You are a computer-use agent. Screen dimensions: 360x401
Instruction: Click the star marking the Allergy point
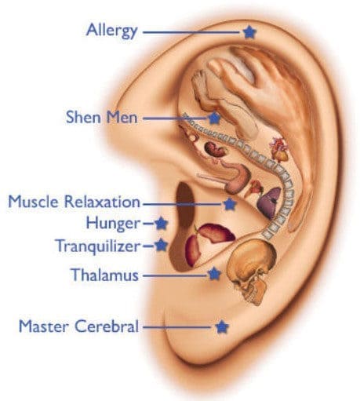[249, 32]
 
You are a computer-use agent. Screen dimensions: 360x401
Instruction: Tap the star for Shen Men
[214, 118]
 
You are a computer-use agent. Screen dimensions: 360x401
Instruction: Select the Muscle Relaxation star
[230, 204]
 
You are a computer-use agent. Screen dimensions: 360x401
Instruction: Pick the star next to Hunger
[161, 224]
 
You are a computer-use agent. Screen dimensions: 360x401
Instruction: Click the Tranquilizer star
[161, 245]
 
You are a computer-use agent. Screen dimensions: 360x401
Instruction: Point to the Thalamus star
[214, 274]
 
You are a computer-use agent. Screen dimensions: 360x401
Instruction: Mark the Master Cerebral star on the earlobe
[222, 326]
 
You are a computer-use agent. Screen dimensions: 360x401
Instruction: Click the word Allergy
[111, 31]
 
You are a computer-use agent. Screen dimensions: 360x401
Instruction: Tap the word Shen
[83, 117]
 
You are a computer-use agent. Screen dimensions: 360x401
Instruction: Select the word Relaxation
[102, 202]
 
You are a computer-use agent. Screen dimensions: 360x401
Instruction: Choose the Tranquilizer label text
[98, 246]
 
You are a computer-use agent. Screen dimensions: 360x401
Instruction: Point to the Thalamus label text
[105, 275]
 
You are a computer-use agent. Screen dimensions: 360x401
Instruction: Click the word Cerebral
[107, 326]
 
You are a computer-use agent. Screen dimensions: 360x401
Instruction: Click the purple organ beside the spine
[269, 202]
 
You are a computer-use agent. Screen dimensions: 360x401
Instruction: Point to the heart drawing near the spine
[279, 148]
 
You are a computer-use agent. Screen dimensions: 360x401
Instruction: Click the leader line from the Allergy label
[191, 32]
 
